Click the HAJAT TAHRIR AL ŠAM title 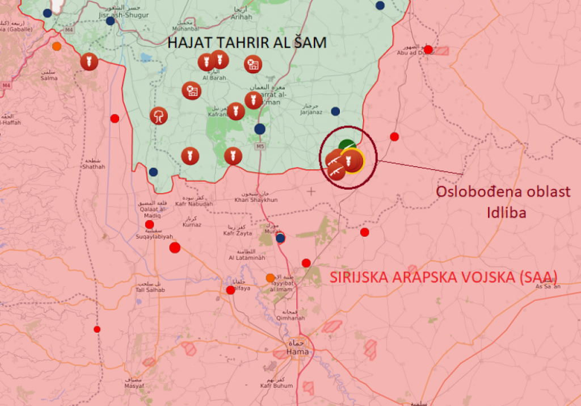point(246,43)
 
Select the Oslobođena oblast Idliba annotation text point(503,202)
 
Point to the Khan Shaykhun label point(256,200)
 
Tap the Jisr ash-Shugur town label point(123,15)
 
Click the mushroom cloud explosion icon point(159,116)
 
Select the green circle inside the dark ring point(347,146)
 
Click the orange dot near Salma point(57,47)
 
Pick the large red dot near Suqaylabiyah point(175,248)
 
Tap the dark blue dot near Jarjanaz point(335,111)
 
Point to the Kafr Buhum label point(277,386)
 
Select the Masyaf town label point(134,386)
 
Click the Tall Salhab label point(150,290)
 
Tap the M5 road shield point(260,147)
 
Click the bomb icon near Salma point(89,61)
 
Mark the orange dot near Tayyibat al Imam point(271,278)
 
